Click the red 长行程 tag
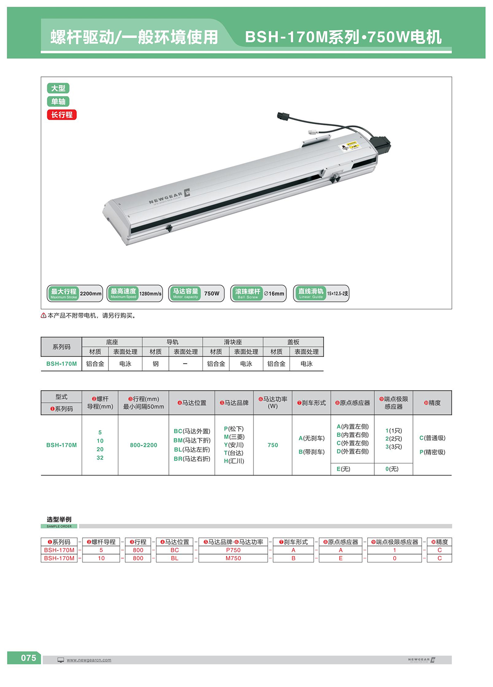[62, 115]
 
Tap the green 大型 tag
[58, 88]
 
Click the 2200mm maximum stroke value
[90, 294]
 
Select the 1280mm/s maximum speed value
[150, 294]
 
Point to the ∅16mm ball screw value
[274, 294]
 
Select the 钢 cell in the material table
[155, 364]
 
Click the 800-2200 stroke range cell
[143, 445]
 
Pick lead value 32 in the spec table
[100, 458]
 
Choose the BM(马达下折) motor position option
[192, 440]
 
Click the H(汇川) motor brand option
[234, 461]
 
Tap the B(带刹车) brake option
[311, 452]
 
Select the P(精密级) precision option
[432, 452]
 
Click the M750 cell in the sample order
[233, 558]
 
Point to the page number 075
[28, 658]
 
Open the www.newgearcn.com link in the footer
[89, 660]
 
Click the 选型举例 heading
[59, 519]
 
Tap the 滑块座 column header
[233, 342]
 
